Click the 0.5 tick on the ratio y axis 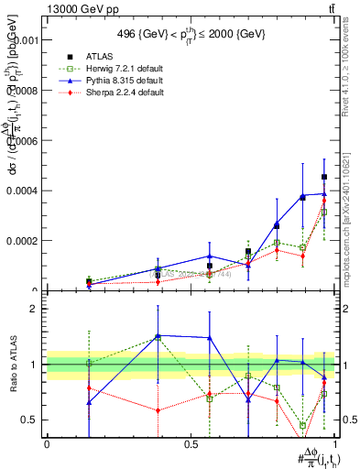click(x=28, y=420)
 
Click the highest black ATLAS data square click(x=324, y=177)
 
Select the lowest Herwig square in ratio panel click(x=302, y=425)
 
